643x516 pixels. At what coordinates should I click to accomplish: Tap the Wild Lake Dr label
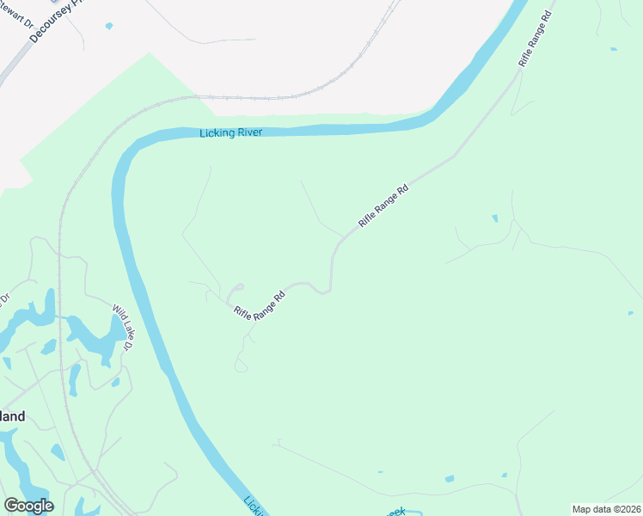tap(125, 327)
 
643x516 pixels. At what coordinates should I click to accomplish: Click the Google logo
tap(28, 506)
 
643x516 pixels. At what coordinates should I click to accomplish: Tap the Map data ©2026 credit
tap(606, 509)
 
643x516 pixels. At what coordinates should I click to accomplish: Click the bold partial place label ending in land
tap(12, 416)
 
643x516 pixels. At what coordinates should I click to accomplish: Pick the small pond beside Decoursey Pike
tap(109, 26)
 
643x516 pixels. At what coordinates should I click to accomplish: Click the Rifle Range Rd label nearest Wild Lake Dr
tap(259, 305)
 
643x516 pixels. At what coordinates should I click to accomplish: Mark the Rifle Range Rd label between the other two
tap(383, 205)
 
